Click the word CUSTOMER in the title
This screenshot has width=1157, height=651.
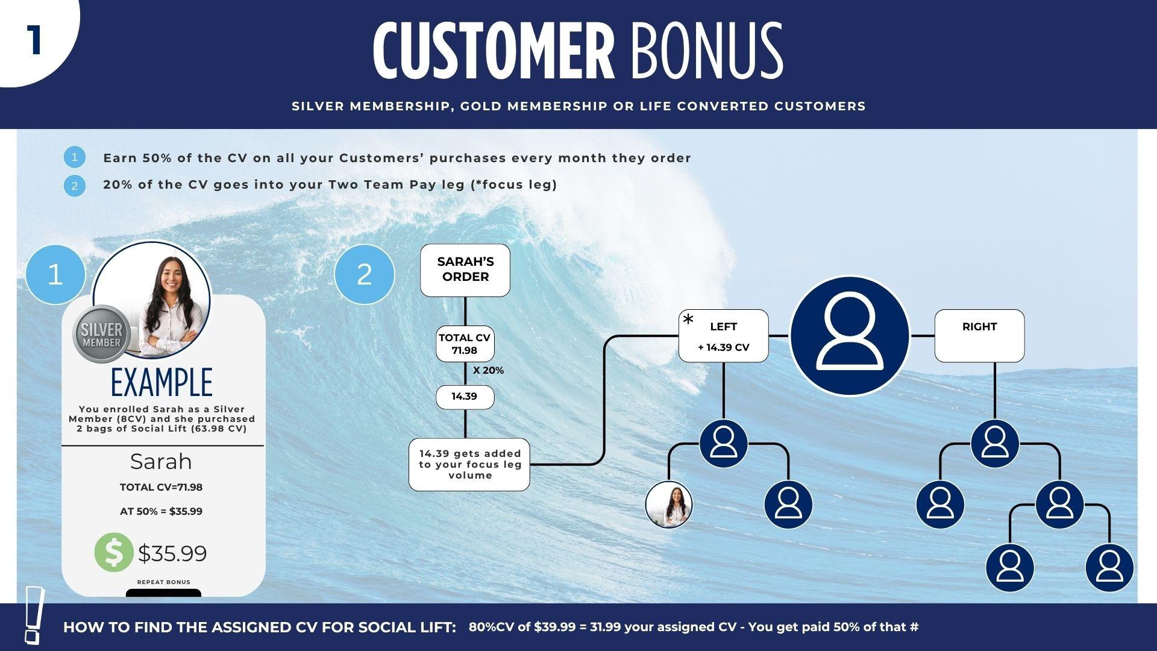(494, 51)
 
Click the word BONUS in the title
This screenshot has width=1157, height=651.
(707, 51)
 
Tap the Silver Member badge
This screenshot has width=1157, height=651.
(101, 335)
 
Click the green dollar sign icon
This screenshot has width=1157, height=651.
(114, 552)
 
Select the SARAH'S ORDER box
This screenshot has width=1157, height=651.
(465, 270)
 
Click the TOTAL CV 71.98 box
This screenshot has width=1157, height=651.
(465, 344)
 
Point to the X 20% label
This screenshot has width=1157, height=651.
(488, 371)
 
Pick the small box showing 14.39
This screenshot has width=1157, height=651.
(465, 397)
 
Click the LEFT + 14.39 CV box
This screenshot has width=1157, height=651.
(723, 336)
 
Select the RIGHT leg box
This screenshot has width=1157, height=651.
(979, 336)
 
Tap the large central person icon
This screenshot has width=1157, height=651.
(849, 336)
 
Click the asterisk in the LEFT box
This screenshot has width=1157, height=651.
(688, 320)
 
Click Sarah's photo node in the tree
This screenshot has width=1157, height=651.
(669, 505)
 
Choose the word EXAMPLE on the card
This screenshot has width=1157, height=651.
(162, 382)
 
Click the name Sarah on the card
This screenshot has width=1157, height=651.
(161, 462)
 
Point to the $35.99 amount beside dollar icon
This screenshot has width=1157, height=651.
(172, 553)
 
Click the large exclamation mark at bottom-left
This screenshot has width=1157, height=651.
(34, 615)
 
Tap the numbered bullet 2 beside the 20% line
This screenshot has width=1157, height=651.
(74, 185)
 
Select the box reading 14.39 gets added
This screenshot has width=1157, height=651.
(469, 465)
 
